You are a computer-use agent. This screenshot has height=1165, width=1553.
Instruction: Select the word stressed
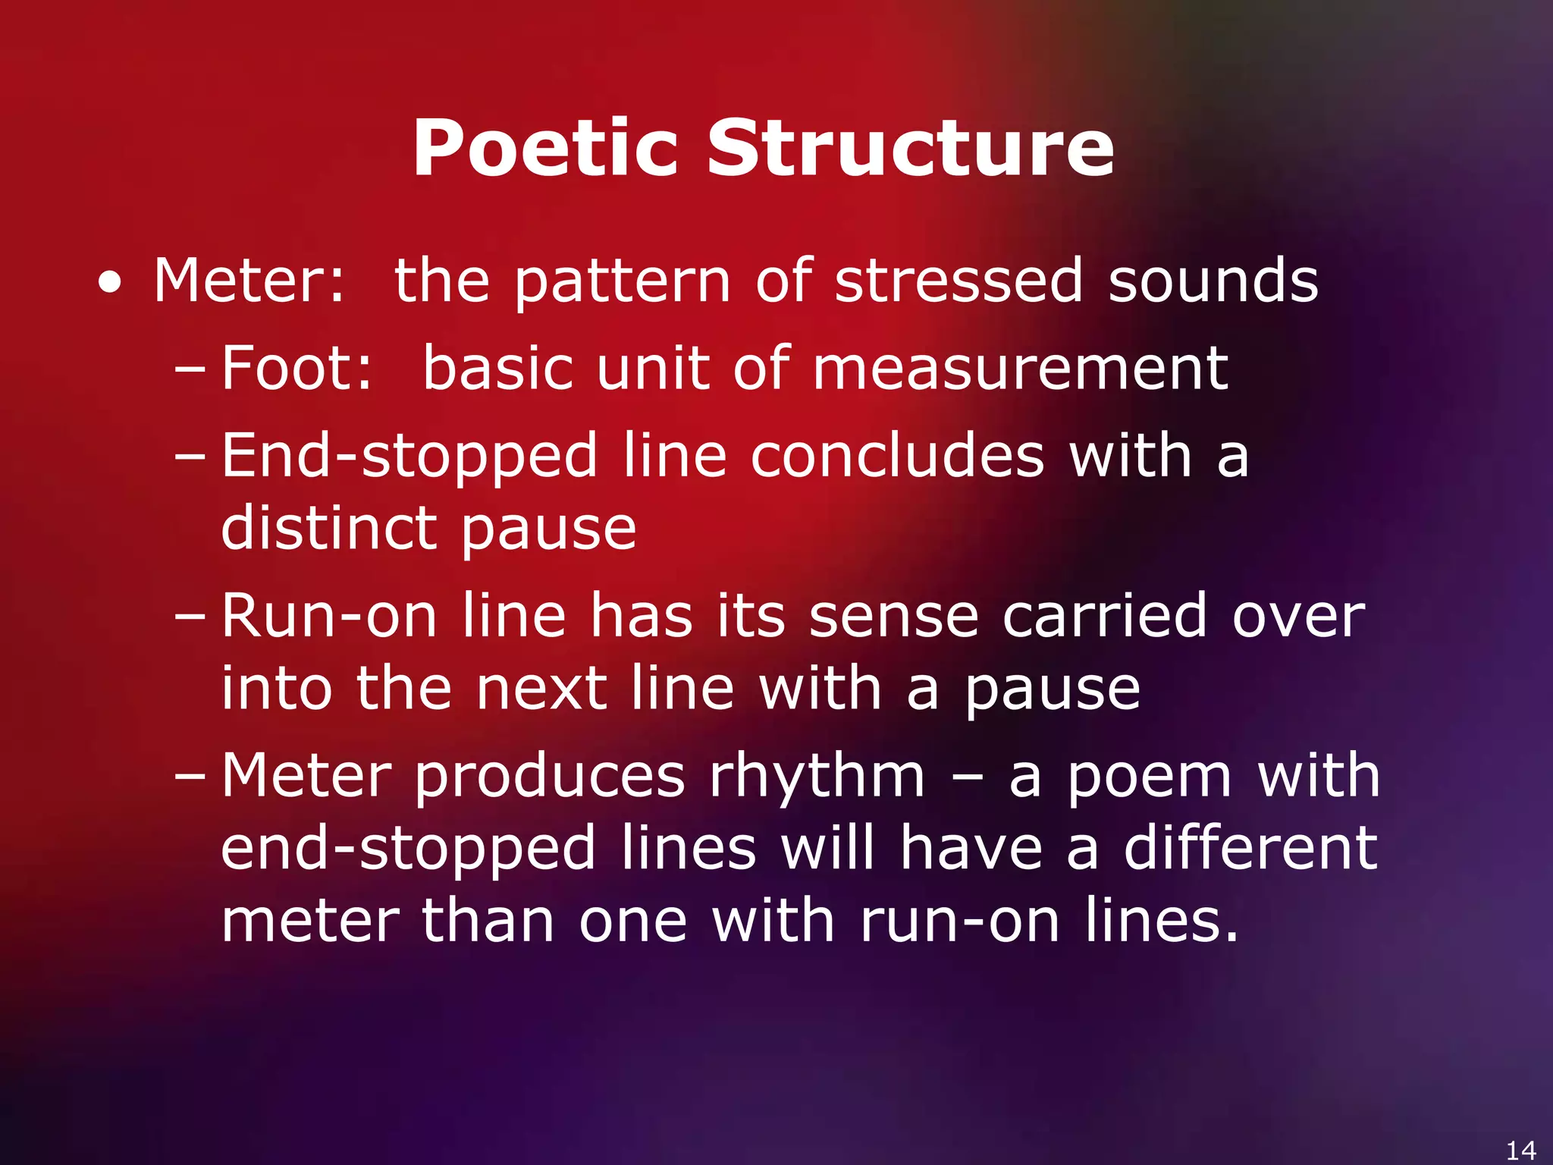[x=958, y=281]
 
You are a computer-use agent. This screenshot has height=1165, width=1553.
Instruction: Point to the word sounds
[x=1213, y=281]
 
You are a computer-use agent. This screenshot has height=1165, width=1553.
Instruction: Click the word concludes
[x=897, y=456]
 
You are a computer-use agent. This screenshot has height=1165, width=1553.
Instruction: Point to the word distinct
[x=328, y=529]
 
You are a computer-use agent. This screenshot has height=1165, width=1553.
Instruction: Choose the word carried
[x=1105, y=615]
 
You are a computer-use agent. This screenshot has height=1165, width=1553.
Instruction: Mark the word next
[x=541, y=689]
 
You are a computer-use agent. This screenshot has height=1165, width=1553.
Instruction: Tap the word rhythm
[x=817, y=777]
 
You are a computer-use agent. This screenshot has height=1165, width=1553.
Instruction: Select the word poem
[x=1150, y=777]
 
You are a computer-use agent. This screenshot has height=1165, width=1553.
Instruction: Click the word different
[x=1250, y=848]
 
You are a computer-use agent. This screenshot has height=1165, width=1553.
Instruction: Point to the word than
[x=488, y=921]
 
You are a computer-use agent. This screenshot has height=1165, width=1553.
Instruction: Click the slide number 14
[x=1521, y=1150]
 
